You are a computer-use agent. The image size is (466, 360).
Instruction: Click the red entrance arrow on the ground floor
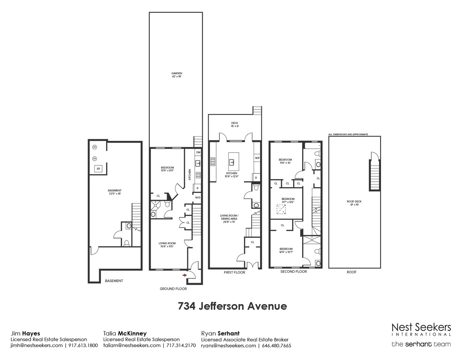(185, 275)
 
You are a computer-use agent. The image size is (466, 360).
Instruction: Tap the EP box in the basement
(98, 169)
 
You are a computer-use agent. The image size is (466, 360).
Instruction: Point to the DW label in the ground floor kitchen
(198, 153)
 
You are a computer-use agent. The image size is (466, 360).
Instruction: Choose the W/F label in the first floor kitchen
(257, 158)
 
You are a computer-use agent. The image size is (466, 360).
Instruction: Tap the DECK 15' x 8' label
(235, 125)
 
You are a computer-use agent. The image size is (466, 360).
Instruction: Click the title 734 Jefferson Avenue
(232, 306)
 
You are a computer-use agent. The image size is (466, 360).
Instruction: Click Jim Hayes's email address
(37, 345)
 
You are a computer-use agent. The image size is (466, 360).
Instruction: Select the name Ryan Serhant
(220, 333)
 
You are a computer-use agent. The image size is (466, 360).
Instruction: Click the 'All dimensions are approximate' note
(348, 134)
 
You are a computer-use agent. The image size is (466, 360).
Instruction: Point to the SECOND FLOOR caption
(294, 272)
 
